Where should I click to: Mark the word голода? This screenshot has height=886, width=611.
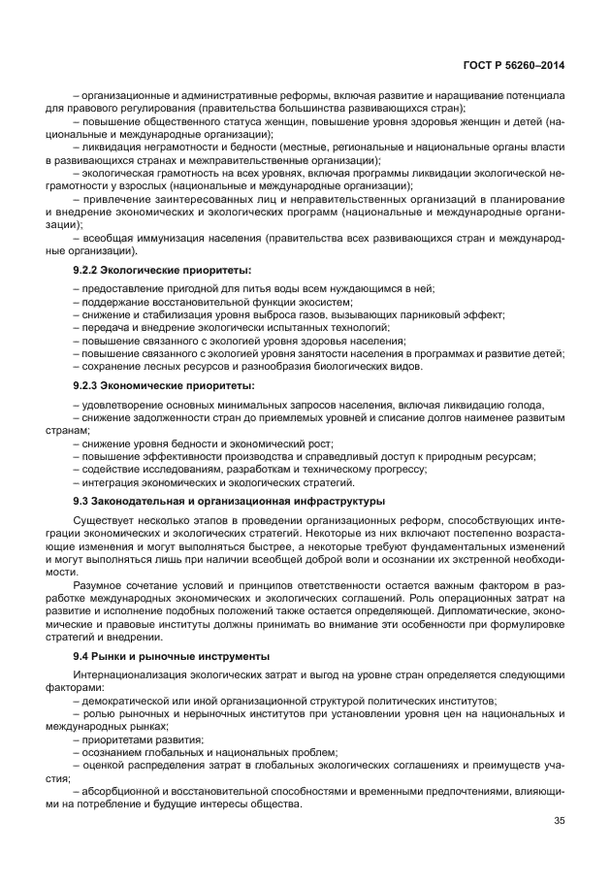[x=523, y=405]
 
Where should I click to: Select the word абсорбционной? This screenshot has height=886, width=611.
[x=123, y=790]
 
